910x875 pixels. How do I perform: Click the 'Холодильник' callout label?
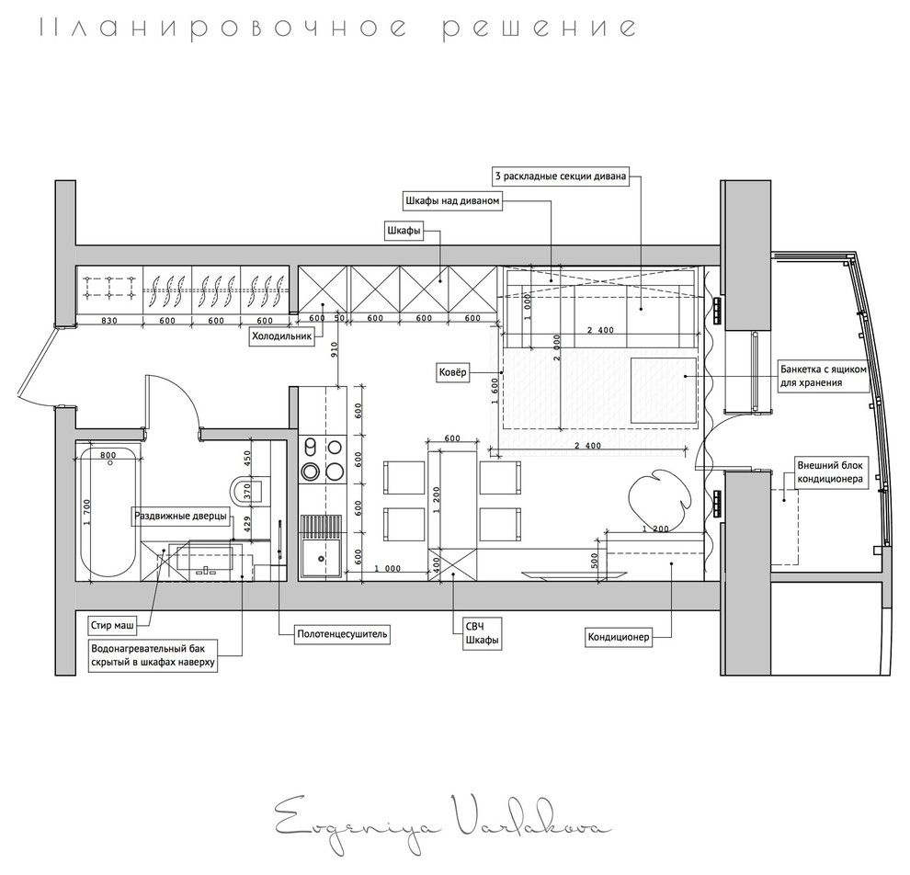click(x=282, y=337)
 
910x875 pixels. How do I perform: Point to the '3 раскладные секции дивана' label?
click(x=560, y=176)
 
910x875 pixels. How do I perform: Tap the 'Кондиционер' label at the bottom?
click(x=619, y=636)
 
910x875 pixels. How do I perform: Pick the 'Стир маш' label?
click(x=112, y=626)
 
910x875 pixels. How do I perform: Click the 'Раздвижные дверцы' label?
click(x=180, y=517)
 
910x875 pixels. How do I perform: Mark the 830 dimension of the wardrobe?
click(x=108, y=321)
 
